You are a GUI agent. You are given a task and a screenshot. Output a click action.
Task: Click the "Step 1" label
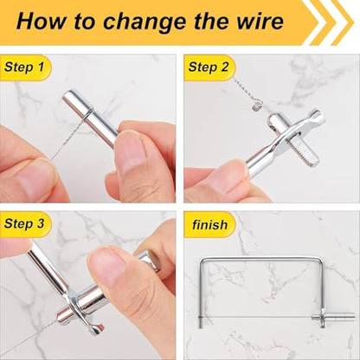[24, 67]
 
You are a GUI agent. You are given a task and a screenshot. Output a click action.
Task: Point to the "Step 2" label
[209, 67]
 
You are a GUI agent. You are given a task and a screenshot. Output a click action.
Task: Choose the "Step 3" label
[24, 223]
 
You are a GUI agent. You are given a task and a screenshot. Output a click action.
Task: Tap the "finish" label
[209, 224]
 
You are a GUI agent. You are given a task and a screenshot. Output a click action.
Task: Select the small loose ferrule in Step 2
[255, 108]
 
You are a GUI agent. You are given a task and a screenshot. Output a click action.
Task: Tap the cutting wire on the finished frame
[257, 317]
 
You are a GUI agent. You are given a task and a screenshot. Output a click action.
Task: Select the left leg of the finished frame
[201, 293]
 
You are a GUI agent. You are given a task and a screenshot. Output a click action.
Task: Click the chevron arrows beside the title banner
[331, 22]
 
